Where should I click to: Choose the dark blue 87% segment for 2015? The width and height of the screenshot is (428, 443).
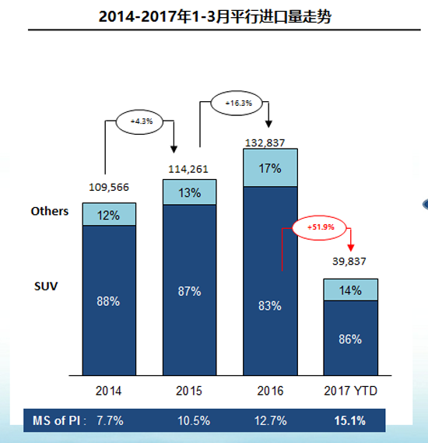[x=189, y=290]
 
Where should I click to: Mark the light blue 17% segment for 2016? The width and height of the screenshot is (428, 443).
[x=269, y=167]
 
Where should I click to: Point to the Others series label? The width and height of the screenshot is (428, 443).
[x=50, y=211]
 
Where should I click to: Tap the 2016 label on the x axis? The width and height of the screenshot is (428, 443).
[x=269, y=390]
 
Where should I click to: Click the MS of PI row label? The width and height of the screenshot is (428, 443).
[x=57, y=421]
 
